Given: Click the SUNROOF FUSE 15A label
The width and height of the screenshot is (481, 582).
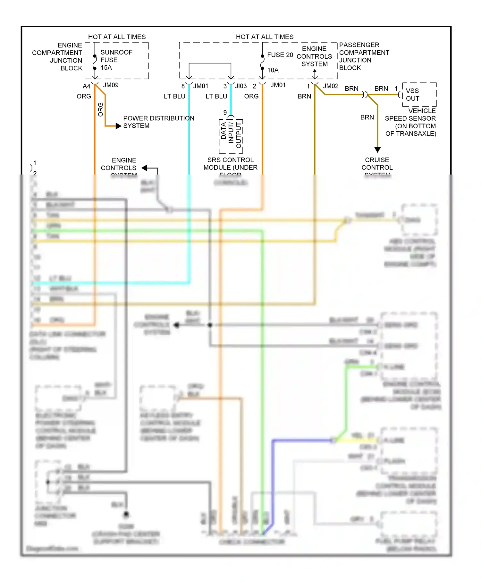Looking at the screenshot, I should tap(116, 60).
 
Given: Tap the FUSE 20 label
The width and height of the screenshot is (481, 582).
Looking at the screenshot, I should tap(280, 55).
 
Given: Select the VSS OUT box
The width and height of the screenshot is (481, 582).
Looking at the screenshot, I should tap(419, 95).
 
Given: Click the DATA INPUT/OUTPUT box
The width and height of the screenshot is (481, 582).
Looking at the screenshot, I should tap(231, 135).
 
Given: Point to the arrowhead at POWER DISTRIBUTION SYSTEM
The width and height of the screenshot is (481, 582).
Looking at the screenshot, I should tap(118, 126).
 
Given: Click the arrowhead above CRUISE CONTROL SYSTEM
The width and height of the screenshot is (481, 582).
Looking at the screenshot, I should tap(377, 150).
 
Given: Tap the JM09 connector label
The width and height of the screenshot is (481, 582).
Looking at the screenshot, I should tap(111, 85).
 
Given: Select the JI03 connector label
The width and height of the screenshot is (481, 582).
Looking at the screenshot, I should tap(240, 86).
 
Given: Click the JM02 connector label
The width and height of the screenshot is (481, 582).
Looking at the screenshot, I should tap(331, 86).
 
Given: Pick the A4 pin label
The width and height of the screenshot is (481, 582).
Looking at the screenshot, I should tap(86, 86).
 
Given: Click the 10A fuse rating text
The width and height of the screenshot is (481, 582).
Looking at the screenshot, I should tap(273, 70).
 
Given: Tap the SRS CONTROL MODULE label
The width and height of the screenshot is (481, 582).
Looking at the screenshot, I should tap(230, 164).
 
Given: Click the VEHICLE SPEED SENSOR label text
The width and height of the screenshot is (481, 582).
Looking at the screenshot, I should tap(410, 122).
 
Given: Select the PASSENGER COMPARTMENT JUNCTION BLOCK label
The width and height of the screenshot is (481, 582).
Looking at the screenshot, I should tap(364, 56).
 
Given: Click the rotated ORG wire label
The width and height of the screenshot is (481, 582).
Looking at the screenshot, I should tap(100, 109).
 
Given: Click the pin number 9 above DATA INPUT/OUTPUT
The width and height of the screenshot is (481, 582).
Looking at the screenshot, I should tap(225, 113).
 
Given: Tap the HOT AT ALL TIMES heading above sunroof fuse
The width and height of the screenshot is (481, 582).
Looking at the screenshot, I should tap(117, 37).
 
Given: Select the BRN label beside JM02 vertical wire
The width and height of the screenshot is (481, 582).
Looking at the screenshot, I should tap(304, 96).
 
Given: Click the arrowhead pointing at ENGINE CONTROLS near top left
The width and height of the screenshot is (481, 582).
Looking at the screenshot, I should tap(145, 168).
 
